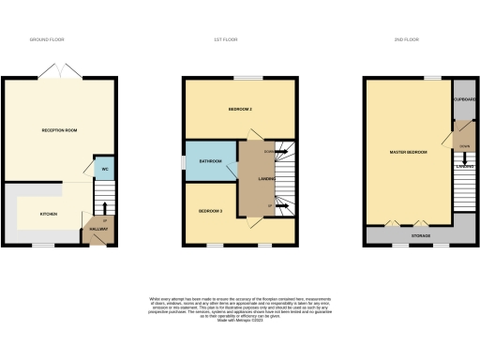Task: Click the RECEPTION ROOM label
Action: click(x=58, y=129)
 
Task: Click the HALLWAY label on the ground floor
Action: click(x=98, y=229)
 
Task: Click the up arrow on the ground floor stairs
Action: click(x=105, y=208)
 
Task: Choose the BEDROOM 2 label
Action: click(x=241, y=110)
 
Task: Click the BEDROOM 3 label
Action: click(x=209, y=211)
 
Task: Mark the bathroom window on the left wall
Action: click(x=183, y=161)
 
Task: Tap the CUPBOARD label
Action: click(x=464, y=99)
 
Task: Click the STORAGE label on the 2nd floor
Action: click(x=421, y=235)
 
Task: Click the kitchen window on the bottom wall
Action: click(x=43, y=246)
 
